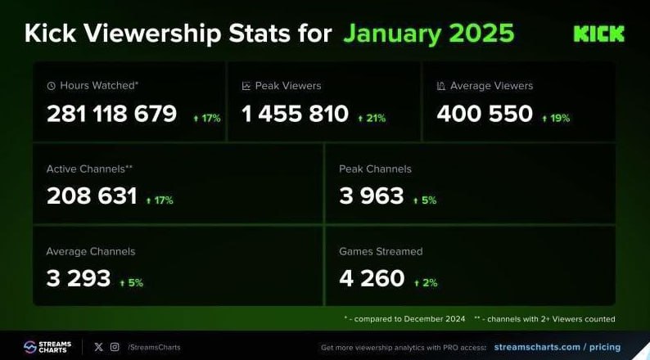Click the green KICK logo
(x=598, y=34)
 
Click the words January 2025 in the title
(x=428, y=33)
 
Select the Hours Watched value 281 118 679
(x=111, y=114)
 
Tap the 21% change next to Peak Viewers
(x=372, y=118)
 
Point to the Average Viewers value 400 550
(x=485, y=114)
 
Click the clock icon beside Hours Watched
(x=51, y=85)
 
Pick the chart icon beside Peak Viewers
(x=246, y=85)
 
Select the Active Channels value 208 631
(x=92, y=196)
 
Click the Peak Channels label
(x=375, y=169)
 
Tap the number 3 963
(x=372, y=196)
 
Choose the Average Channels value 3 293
(x=79, y=278)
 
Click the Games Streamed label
(x=381, y=251)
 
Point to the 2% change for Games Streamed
(x=426, y=282)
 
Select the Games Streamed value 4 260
(x=372, y=278)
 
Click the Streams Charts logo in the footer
(x=47, y=347)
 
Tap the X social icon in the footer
(x=99, y=347)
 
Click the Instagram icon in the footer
(x=115, y=347)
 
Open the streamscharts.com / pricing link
(x=564, y=347)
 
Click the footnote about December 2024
(x=404, y=318)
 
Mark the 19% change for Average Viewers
(x=556, y=118)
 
